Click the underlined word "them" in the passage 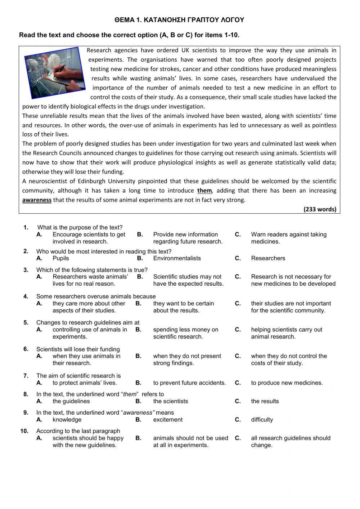coord(204,191)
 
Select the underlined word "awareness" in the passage coord(37,200)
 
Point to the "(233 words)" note coord(320,209)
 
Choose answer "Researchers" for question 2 coord(268,258)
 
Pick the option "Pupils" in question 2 coord(60,258)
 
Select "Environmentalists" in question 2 coord(177,258)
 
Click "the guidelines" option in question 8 coord(71,401)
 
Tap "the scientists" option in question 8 coord(170,401)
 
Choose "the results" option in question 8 coord(265,401)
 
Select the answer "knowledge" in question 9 coord(67,420)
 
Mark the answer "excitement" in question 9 coord(168,420)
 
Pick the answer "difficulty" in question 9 coord(262,420)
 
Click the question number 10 coord(24,431)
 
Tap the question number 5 coord(26,322)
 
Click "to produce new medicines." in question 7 coord(287,383)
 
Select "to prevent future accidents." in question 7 coord(189,383)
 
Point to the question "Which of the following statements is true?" coord(92,270)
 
